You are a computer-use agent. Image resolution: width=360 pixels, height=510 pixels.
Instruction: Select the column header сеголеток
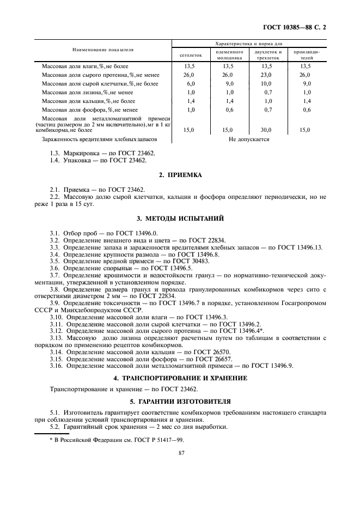[x=191, y=54]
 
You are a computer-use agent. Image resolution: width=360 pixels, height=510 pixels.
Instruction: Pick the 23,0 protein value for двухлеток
[x=267, y=75]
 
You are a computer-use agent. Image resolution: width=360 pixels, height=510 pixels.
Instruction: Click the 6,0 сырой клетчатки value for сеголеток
[x=191, y=83]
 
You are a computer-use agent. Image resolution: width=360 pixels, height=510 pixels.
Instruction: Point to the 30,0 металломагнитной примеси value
[x=267, y=130]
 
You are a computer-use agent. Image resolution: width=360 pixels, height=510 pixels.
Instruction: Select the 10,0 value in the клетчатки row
[x=267, y=83]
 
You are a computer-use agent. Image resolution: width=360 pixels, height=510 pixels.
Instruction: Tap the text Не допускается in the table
[x=249, y=139]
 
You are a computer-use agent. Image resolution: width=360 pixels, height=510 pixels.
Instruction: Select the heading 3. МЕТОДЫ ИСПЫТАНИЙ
[x=180, y=218]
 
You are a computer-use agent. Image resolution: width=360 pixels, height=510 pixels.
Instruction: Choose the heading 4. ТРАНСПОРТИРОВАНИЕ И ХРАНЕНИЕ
[x=180, y=378]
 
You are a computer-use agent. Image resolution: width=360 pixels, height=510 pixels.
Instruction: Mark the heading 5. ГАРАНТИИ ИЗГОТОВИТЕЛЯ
[x=180, y=401]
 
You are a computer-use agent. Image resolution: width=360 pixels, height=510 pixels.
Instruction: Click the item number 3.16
[x=56, y=367]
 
